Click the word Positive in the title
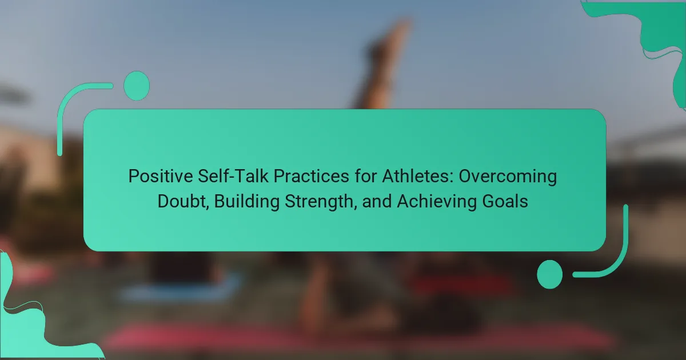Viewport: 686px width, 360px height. tap(161, 177)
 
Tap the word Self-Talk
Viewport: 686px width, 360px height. tap(233, 177)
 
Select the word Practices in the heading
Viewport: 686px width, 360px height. tap(311, 177)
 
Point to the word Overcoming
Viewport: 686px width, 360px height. tap(508, 177)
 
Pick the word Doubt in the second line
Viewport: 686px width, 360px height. tap(183, 201)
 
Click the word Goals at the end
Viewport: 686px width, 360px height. tap(505, 201)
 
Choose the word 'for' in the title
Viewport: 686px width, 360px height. tap(366, 177)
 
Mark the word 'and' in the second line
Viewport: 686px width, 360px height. tap(377, 201)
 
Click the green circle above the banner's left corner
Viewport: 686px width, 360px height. tap(137, 86)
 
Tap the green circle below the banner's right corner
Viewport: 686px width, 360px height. tap(550, 274)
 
